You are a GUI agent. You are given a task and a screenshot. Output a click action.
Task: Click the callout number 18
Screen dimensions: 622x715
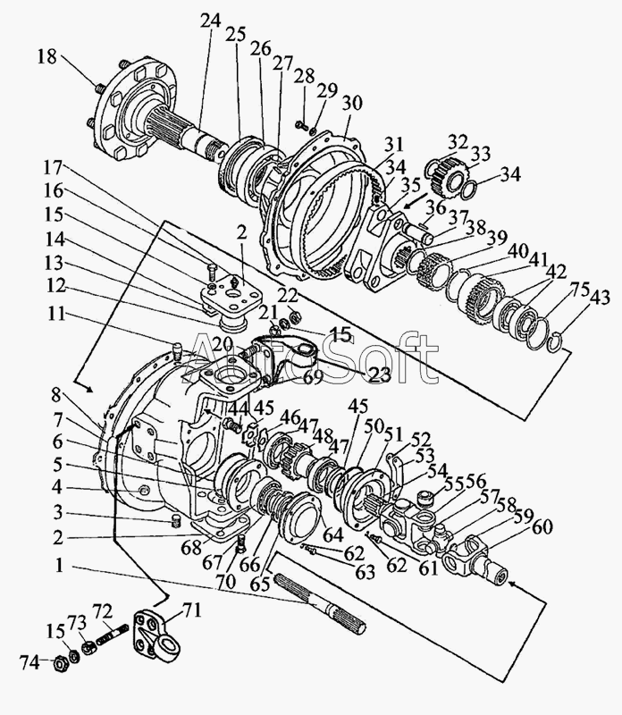point(47,57)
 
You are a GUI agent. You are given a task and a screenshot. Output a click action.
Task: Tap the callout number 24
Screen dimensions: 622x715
point(211,21)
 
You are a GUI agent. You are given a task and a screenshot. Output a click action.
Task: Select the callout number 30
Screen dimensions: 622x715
point(351,104)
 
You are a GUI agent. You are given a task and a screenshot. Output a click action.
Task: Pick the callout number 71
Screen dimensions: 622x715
point(192,610)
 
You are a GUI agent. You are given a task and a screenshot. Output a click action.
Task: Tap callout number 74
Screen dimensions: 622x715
point(29,663)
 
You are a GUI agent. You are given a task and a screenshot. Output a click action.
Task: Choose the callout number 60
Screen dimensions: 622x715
point(542,527)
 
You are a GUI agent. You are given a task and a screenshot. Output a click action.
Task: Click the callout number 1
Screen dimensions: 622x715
point(60,566)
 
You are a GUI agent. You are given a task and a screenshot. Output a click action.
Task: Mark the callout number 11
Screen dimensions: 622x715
point(56,315)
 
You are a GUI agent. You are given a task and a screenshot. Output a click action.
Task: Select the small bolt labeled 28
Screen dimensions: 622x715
point(302,124)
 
